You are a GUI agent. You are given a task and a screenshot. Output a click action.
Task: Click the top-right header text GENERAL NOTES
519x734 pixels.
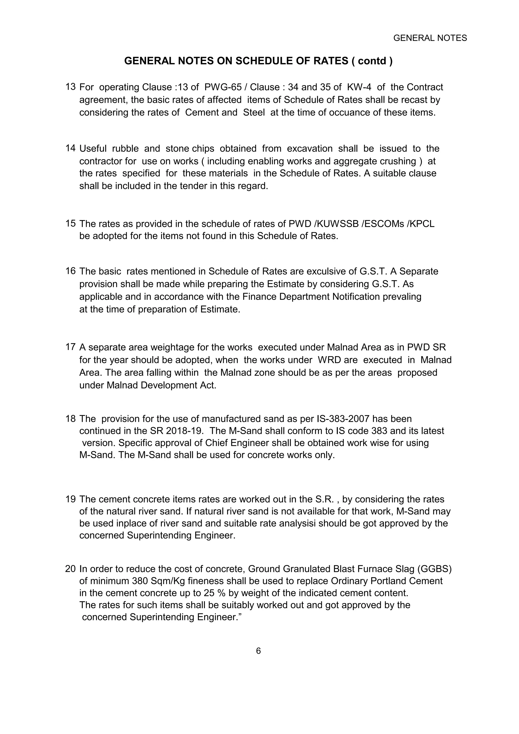click(x=430, y=38)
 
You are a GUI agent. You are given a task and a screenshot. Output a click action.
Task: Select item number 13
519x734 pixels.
click(x=70, y=87)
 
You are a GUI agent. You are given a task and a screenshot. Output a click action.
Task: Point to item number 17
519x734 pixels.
click(x=70, y=346)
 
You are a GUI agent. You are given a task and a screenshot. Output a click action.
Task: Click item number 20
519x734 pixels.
click(x=70, y=569)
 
